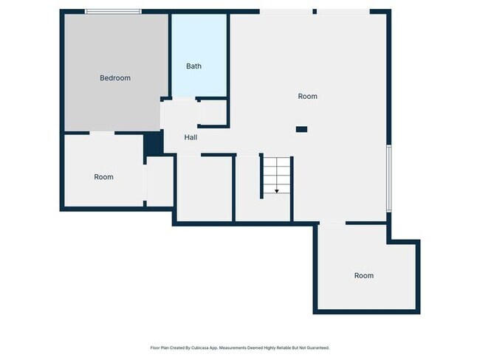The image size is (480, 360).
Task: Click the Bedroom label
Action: (x=115, y=77)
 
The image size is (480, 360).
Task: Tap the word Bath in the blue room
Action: (x=193, y=66)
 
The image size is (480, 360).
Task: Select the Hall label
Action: (x=191, y=137)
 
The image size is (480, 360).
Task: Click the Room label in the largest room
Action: (x=307, y=96)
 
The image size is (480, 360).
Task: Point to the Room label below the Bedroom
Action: (x=103, y=176)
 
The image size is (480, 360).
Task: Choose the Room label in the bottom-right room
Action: (x=363, y=275)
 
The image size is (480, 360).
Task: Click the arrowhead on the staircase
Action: (x=277, y=191)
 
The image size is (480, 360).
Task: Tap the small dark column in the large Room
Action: (x=301, y=129)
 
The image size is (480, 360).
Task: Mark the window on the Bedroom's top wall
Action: (x=113, y=11)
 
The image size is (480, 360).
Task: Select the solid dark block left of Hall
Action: (x=153, y=143)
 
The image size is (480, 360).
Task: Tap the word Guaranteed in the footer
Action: (x=315, y=347)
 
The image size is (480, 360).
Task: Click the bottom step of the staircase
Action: (x=277, y=193)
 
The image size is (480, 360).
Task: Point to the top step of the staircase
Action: (x=277, y=160)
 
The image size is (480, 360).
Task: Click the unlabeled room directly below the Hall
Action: (x=204, y=188)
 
